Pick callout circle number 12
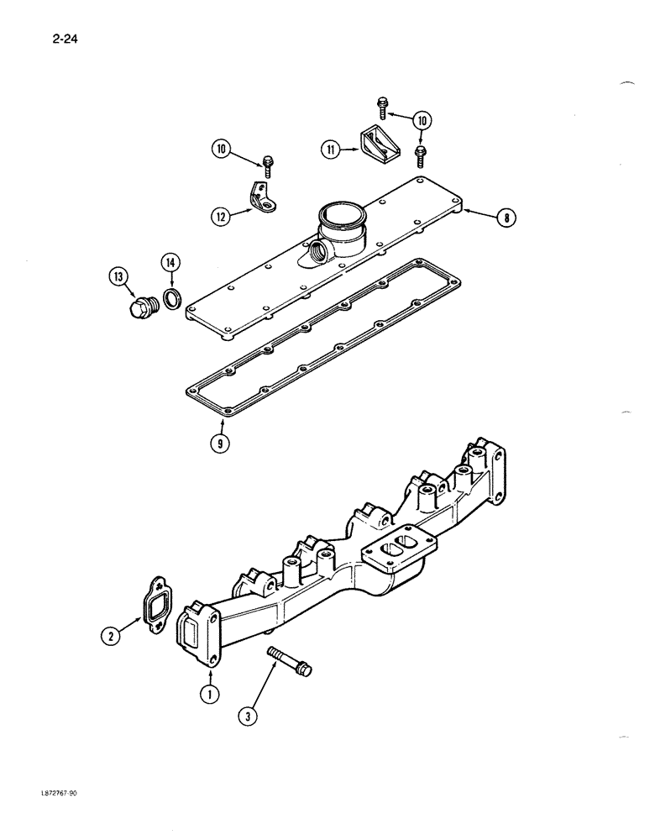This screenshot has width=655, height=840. point(221,217)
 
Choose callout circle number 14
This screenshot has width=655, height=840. point(170,263)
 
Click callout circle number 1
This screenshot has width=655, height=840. point(207,695)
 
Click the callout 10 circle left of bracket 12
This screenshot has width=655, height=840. point(221,150)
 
